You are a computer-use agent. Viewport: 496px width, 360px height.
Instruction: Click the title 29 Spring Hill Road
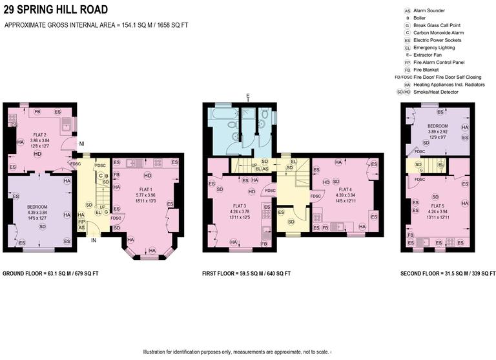click(56, 10)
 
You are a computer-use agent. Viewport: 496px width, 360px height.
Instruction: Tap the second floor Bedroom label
click(438, 127)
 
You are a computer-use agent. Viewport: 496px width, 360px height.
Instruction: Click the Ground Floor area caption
click(50, 274)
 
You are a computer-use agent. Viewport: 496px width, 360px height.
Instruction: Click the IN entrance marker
click(93, 240)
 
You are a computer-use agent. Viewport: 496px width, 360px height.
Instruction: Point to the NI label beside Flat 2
click(81, 143)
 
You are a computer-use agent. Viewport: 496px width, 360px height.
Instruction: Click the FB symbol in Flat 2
click(37, 112)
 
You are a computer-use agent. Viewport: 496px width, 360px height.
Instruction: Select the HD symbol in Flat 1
click(147, 176)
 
